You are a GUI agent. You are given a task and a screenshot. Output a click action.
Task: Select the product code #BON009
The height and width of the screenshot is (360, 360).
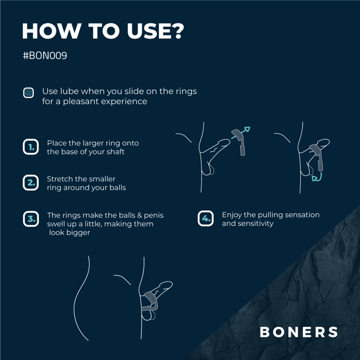(x=45, y=57)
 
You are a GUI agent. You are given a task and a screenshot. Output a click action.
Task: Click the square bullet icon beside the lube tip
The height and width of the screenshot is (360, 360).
(x=29, y=93)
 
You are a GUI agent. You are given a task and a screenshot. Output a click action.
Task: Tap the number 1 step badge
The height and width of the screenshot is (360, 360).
(x=30, y=147)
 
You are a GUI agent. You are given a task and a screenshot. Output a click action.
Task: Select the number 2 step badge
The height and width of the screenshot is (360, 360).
(x=30, y=183)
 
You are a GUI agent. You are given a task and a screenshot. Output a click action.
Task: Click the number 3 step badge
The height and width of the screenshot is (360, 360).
(x=30, y=219)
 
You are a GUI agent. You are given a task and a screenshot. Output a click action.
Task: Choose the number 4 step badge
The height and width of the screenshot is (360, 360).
(x=205, y=219)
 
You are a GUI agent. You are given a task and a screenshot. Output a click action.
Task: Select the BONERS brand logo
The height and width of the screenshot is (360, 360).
(x=299, y=332)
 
